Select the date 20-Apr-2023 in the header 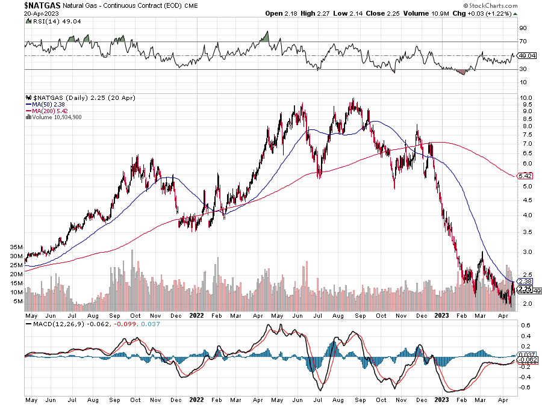point(20,13)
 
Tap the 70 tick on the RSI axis point(523,42)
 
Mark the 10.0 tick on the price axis point(526,97)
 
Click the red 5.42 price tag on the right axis point(525,176)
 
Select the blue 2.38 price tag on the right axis point(525,281)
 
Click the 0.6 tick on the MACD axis point(526,326)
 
